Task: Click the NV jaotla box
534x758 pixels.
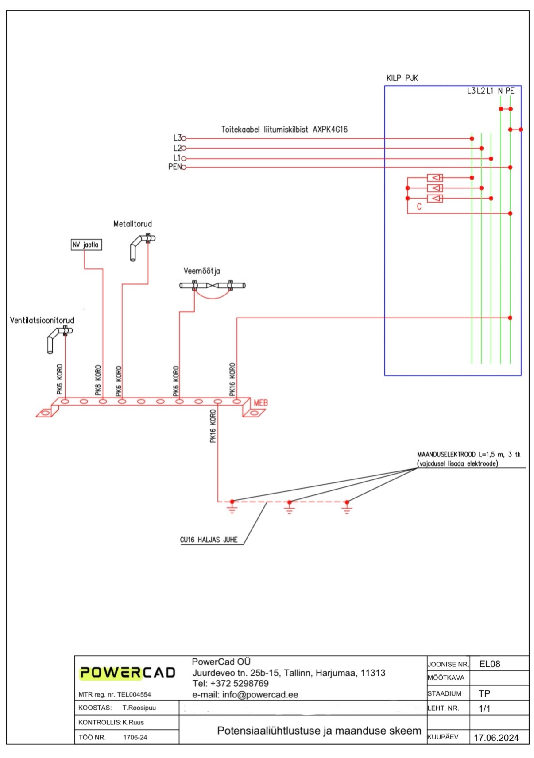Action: tap(86, 245)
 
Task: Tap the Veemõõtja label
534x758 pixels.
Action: tap(201, 271)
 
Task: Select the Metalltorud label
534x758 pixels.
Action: tap(132, 224)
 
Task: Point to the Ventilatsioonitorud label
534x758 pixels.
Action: tap(42, 320)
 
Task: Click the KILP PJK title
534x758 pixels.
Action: tap(402, 78)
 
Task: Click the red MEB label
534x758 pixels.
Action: tap(260, 403)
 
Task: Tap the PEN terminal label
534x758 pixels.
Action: tap(174, 167)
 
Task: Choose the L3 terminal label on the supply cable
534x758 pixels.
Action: tap(177, 138)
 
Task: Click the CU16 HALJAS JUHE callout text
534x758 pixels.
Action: tap(209, 540)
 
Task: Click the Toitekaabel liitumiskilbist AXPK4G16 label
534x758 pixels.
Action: tap(284, 130)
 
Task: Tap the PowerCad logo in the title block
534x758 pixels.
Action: tap(128, 673)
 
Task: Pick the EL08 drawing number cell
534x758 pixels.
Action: tap(490, 664)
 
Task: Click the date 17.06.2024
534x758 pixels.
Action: tap(496, 738)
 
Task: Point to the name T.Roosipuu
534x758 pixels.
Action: tap(139, 708)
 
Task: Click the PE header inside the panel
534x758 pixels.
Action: tap(510, 91)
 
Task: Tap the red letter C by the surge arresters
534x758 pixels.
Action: tap(419, 207)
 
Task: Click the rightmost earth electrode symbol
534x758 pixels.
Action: tap(347, 507)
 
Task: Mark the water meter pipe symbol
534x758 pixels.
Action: tap(213, 286)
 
